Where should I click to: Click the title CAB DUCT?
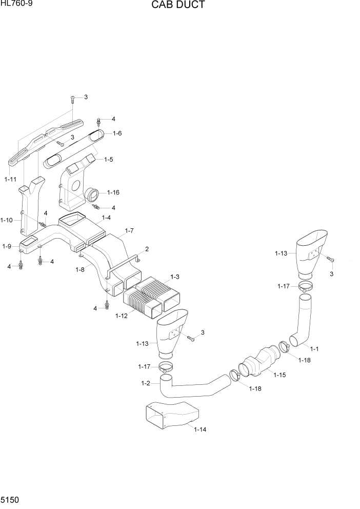(x=178, y=6)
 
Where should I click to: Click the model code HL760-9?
(x=14, y=4)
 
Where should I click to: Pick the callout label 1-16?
(x=113, y=192)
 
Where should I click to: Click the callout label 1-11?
(x=10, y=179)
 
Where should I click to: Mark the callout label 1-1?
(x=314, y=349)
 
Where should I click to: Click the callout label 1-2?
(x=145, y=383)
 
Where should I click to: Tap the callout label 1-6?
(x=117, y=133)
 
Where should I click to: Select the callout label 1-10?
(x=7, y=220)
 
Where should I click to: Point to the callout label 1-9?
(x=7, y=247)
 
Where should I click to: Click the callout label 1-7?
(x=129, y=231)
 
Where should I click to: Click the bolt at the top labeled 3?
(x=73, y=97)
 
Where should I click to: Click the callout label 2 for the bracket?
(x=147, y=249)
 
